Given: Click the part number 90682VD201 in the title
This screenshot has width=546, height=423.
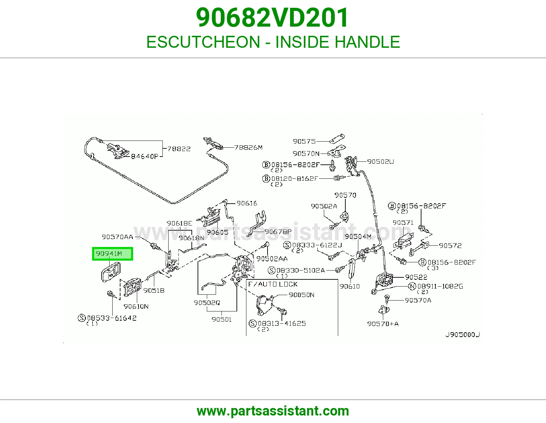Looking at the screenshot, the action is pyautogui.click(x=272, y=18).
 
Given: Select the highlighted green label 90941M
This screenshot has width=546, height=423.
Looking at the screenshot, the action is pyautogui.click(x=112, y=254).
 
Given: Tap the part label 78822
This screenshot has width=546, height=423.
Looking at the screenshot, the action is pyautogui.click(x=179, y=149).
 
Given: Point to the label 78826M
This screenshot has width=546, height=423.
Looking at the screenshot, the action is pyautogui.click(x=248, y=147).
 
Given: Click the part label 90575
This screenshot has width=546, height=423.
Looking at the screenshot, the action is pyautogui.click(x=304, y=142).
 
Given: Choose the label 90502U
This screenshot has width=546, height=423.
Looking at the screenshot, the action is pyautogui.click(x=380, y=161).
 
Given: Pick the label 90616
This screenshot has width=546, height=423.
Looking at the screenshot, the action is pyautogui.click(x=247, y=203).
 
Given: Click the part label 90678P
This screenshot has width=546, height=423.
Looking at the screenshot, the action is pyautogui.click(x=278, y=232).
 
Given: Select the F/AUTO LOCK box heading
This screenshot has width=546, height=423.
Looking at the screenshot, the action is pyautogui.click(x=273, y=284).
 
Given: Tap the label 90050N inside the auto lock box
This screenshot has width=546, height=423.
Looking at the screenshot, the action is pyautogui.click(x=302, y=295).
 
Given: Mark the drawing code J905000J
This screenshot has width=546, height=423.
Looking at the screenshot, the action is pyautogui.click(x=463, y=335).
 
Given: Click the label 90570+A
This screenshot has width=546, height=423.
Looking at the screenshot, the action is pyautogui.click(x=383, y=324).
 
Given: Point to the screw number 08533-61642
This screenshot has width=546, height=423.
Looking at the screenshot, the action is pyautogui.click(x=112, y=318).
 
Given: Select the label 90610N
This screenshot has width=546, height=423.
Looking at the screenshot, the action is pyautogui.click(x=136, y=306).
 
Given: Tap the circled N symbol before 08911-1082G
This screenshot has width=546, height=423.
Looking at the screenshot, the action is pyautogui.click(x=412, y=286).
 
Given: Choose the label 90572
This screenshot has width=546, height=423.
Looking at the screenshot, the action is pyautogui.click(x=450, y=245).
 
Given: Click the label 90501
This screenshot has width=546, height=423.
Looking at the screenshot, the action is pyautogui.click(x=221, y=319).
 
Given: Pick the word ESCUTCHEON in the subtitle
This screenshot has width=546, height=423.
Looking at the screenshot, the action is pyautogui.click(x=203, y=42).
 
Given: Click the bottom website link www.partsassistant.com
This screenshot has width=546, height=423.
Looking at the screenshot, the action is pyautogui.click(x=273, y=411).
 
